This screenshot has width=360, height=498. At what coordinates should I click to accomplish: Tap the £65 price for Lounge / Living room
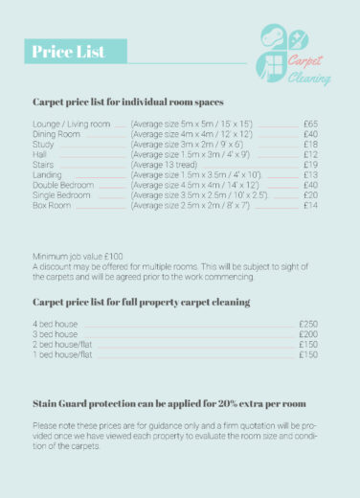310,124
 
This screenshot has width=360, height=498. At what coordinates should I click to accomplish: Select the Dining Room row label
56,134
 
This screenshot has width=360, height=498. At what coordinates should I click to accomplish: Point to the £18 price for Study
310,145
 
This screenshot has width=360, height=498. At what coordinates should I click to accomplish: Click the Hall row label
40,154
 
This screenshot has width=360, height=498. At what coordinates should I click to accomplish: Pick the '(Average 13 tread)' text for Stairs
164,165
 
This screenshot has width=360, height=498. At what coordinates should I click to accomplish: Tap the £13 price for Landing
310,175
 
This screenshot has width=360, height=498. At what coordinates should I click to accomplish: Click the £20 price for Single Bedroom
310,195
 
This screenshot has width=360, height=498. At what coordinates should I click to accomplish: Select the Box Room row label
53,205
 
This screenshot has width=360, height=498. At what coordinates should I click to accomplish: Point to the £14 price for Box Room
310,205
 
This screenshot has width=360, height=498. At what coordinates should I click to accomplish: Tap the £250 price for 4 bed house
308,325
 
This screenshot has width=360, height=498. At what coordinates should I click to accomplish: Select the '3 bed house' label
56,334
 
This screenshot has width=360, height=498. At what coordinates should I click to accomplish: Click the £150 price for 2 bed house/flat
308,345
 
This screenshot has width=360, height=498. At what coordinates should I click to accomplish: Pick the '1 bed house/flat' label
62,354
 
